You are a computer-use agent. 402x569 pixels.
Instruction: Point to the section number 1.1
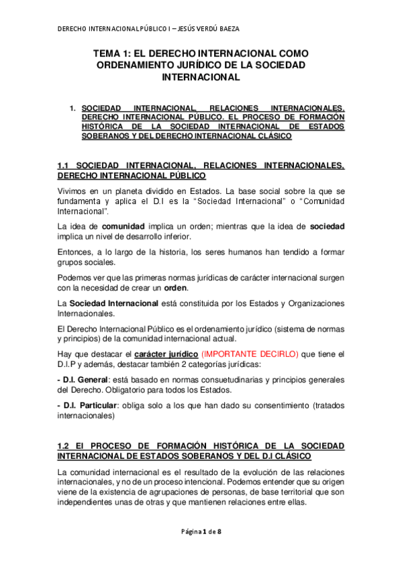(64, 165)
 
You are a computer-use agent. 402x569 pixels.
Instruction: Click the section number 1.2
(64, 446)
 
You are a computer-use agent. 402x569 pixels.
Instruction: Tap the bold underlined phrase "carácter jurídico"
(166, 354)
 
